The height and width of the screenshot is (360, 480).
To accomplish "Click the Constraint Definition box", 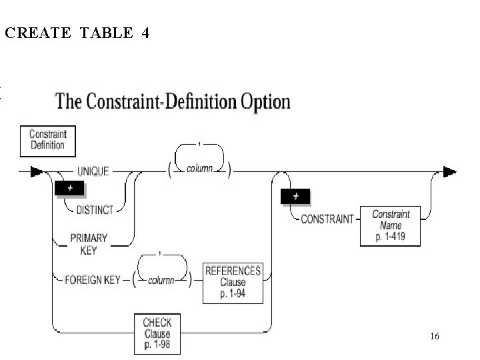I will pyautogui.click(x=47, y=139).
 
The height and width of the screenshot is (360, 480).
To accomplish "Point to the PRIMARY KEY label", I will pyautogui.click(x=89, y=243).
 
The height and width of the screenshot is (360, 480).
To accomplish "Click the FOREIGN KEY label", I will pyautogui.click(x=93, y=279).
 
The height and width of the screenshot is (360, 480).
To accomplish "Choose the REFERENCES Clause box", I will pyautogui.click(x=233, y=282).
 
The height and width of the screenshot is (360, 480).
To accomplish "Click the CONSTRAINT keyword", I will pyautogui.click(x=327, y=219).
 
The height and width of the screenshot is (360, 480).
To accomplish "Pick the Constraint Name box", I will pyautogui.click(x=391, y=225).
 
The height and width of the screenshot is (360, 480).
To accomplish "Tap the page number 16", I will pyautogui.click(x=435, y=337).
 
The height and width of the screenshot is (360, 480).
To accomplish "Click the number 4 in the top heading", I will pyautogui.click(x=145, y=34).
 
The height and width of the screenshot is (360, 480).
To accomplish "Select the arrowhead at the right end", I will pyautogui.click(x=450, y=172).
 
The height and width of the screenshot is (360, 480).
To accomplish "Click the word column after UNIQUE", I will pyautogui.click(x=199, y=169).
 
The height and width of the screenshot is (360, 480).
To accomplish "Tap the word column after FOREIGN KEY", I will pyautogui.click(x=161, y=280).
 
